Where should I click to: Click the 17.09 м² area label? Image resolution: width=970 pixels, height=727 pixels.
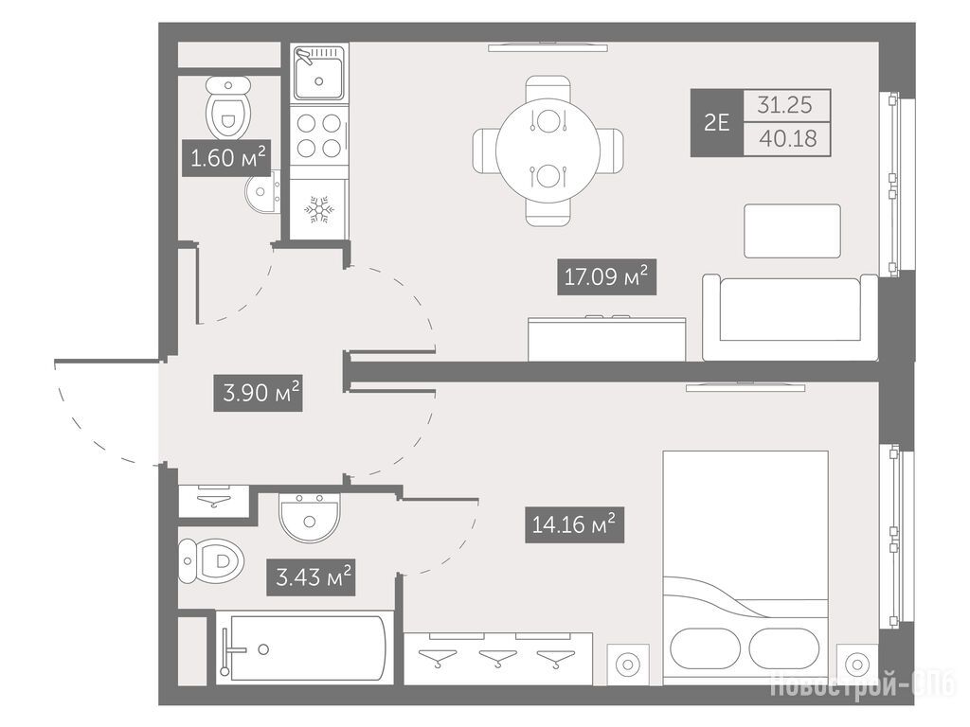(606, 276)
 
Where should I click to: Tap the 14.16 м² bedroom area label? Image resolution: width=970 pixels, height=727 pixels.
(574, 524)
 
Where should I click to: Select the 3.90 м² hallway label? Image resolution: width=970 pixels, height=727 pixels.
(258, 393)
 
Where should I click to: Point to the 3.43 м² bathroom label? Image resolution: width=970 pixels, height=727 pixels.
(311, 577)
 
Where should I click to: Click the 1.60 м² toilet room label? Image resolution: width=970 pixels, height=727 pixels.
(226, 158)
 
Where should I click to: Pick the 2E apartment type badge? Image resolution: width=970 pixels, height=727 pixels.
(716, 123)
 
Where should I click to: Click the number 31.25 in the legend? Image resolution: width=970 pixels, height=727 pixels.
(785, 105)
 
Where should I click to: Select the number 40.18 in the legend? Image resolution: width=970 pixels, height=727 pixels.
(787, 138)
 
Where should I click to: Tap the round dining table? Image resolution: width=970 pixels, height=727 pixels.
(548, 151)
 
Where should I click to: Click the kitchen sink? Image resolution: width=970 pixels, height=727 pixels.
(318, 72)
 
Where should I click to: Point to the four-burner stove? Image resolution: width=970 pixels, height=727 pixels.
(319, 135)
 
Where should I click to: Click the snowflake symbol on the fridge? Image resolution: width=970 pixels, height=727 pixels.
(319, 210)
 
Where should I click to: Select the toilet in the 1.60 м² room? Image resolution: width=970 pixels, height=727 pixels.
(227, 108)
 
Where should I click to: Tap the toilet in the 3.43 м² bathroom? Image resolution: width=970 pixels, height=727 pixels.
(210, 561)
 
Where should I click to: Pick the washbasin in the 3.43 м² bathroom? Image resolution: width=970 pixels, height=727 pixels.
(309, 517)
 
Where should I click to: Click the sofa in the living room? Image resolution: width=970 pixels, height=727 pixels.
(790, 317)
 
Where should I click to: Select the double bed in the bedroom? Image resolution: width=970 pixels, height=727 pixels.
(745, 568)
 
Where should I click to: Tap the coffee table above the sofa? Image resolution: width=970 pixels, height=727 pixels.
(793, 231)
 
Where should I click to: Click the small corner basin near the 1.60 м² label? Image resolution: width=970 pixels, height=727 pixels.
(263, 192)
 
